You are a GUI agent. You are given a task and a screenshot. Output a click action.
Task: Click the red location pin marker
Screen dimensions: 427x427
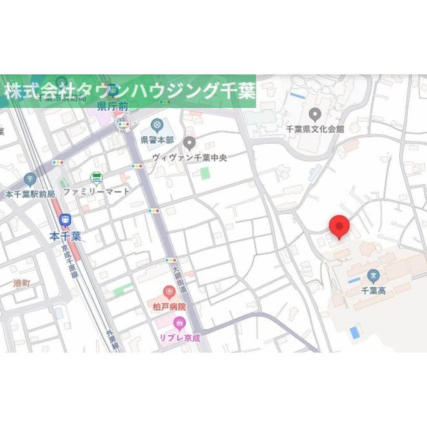[x=339, y=226]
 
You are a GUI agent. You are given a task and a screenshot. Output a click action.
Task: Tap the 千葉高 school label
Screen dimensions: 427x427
[x=374, y=291]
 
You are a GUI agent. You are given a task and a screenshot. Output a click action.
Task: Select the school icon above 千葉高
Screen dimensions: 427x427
[x=374, y=277]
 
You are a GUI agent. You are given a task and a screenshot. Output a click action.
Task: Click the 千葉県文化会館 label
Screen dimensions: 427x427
[x=315, y=129]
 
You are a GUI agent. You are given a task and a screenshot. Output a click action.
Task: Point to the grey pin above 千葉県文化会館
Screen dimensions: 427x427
[x=315, y=114]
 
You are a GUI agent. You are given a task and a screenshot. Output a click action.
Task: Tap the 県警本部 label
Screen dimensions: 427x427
[x=157, y=139]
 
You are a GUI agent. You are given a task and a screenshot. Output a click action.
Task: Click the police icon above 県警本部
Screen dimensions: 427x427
[x=157, y=125]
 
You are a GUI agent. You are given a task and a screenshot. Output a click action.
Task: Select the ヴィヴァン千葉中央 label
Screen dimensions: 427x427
[x=190, y=157]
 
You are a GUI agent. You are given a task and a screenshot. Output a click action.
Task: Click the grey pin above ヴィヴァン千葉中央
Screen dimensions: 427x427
[x=190, y=143]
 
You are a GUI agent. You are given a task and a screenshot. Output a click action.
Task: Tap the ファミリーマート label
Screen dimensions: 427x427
[x=97, y=191]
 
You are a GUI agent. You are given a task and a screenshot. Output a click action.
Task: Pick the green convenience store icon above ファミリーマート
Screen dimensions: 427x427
[x=97, y=178]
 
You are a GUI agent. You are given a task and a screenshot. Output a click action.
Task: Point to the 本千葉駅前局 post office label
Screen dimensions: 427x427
[x=30, y=194]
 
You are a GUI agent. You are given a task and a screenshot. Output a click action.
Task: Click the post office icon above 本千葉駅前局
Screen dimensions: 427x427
[x=30, y=179]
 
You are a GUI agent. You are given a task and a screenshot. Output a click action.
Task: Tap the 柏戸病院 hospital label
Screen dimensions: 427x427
[x=170, y=306]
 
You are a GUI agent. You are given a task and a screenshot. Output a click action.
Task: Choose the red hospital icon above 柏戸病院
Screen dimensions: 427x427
[x=170, y=293]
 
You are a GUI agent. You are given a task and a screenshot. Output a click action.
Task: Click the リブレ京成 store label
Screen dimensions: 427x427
[x=180, y=337]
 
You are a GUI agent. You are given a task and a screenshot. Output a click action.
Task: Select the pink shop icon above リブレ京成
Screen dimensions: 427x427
[x=180, y=323]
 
